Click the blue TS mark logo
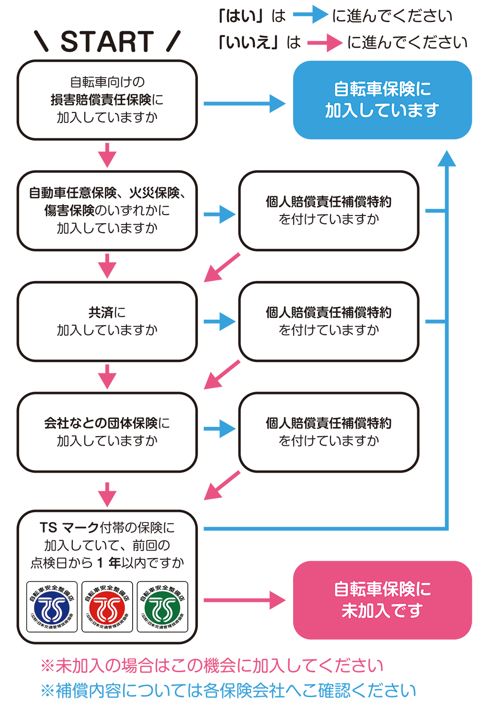(x=52, y=607)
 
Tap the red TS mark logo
(x=107, y=607)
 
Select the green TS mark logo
(x=162, y=607)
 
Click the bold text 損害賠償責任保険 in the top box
(x=101, y=100)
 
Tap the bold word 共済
(x=101, y=312)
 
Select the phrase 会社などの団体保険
(x=101, y=423)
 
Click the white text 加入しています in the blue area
(x=382, y=111)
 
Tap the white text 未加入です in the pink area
(x=382, y=610)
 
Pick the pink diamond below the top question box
(x=107, y=155)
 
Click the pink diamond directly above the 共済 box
(x=107, y=266)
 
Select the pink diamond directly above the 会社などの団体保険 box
(x=107, y=377)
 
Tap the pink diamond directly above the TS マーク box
(x=107, y=492)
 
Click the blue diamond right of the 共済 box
(x=219, y=321)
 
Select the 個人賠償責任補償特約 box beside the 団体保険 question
(x=329, y=432)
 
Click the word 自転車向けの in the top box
(x=107, y=82)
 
